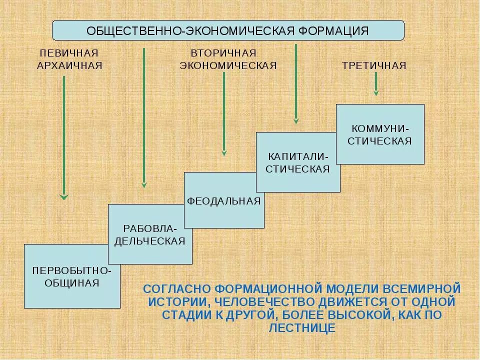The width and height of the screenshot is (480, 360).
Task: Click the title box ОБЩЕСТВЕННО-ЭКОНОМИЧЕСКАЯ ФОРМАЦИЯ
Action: [x=228, y=30]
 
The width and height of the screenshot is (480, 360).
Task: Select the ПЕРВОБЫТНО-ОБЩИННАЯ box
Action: [x=72, y=276]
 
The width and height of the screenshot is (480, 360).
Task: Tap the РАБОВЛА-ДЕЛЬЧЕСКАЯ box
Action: [x=150, y=234]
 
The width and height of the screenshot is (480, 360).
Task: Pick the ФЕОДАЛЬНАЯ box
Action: [x=224, y=200]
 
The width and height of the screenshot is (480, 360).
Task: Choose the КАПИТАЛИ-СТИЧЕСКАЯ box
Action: [x=298, y=162]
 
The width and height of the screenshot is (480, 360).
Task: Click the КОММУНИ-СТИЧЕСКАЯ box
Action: [x=380, y=134]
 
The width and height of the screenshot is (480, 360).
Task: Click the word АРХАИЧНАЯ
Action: [x=69, y=66]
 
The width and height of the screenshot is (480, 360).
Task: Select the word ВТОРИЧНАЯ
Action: [x=223, y=53]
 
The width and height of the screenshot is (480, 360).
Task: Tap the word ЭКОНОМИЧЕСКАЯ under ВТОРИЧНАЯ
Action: [x=228, y=66]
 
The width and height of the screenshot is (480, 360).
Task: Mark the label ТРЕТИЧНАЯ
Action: [x=374, y=66]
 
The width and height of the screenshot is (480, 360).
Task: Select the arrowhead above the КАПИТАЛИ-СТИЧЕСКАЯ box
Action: [x=296, y=120]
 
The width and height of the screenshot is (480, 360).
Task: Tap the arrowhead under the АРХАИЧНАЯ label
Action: [x=64, y=197]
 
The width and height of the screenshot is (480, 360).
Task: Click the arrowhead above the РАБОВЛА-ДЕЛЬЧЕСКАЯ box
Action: [x=144, y=185]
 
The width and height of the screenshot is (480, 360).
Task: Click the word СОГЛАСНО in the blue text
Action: [x=177, y=289]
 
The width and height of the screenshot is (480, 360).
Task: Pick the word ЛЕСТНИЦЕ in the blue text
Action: [x=301, y=328]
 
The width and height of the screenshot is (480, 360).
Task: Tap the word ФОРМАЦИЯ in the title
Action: [x=333, y=30]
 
